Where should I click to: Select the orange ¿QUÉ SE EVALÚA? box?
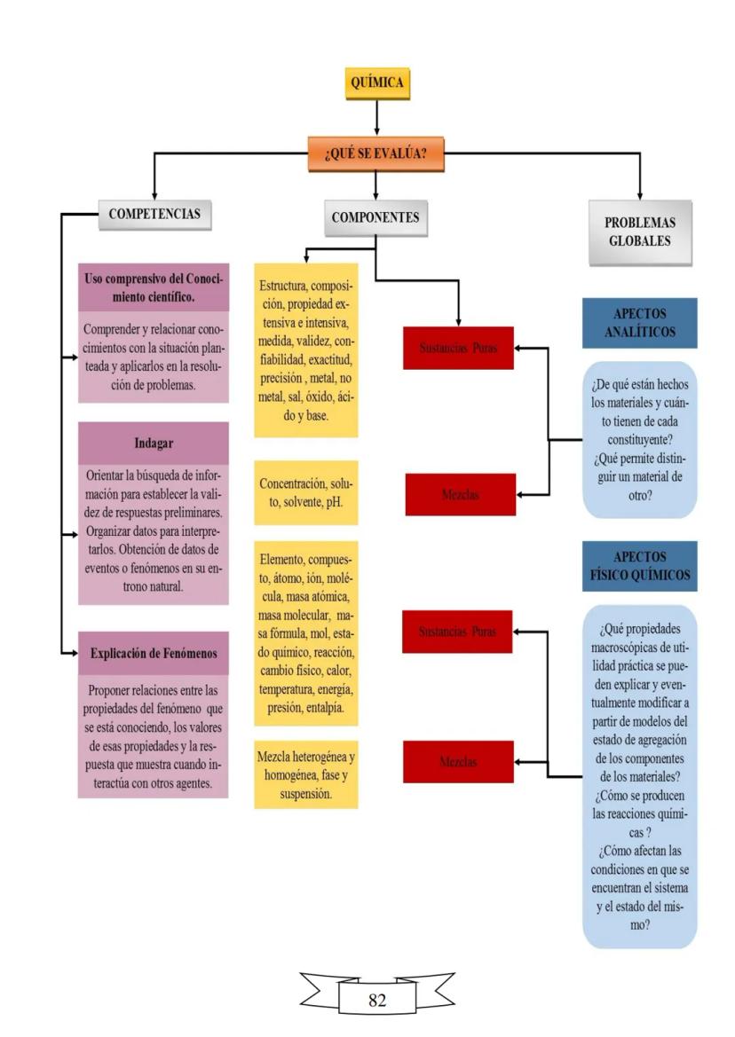[x=375, y=153]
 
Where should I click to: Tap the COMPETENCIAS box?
[x=154, y=214]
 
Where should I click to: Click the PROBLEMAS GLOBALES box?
[x=640, y=232]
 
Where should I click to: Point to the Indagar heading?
[x=153, y=444]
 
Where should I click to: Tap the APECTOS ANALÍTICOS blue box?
[x=639, y=323]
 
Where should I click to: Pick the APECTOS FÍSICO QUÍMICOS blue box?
[x=639, y=565]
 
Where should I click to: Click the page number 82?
[x=377, y=1000]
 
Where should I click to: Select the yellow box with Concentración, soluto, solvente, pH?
[x=306, y=493]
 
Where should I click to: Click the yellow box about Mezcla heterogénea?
[x=306, y=774]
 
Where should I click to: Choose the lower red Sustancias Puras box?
[x=454, y=632]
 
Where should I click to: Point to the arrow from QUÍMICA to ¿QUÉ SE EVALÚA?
[x=377, y=116]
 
